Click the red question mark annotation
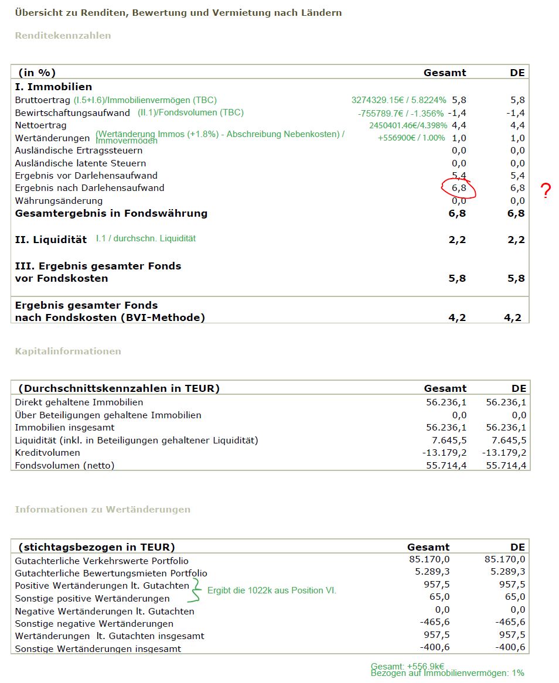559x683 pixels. [x=546, y=191]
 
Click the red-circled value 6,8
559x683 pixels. [x=458, y=189]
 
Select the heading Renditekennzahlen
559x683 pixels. [x=63, y=36]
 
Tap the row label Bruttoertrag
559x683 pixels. [x=43, y=100]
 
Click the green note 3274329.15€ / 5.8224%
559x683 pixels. [x=398, y=100]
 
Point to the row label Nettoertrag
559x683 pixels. [x=41, y=125]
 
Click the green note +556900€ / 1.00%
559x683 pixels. [x=411, y=138]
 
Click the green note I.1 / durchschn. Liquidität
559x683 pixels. [x=146, y=238]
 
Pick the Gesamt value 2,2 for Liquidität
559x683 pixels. [x=458, y=240]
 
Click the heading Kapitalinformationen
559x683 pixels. [x=68, y=351]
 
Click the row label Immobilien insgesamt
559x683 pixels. [x=64, y=428]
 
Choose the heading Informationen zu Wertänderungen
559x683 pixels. [x=103, y=510]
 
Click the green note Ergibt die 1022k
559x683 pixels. [x=272, y=590]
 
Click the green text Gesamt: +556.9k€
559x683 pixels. [x=407, y=667]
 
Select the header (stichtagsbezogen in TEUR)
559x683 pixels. [x=97, y=548]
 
